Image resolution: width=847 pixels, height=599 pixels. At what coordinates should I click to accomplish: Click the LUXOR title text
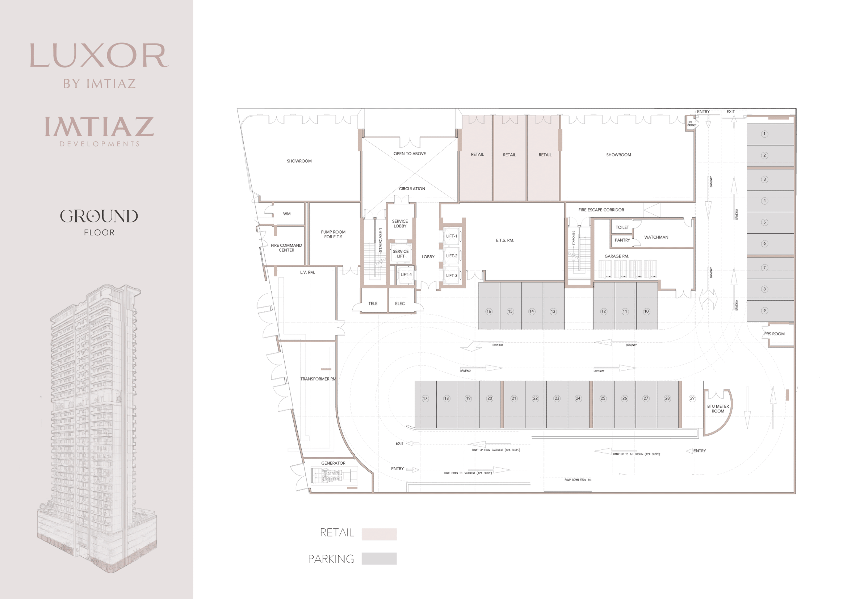99,55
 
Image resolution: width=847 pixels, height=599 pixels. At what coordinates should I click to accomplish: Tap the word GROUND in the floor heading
99,217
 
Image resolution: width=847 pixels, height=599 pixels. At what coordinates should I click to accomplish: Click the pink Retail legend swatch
379,534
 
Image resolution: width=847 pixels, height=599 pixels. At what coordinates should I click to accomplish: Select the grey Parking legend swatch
379,558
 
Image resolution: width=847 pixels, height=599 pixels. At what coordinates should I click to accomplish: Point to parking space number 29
692,398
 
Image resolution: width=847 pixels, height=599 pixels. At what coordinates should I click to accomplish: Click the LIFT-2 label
452,256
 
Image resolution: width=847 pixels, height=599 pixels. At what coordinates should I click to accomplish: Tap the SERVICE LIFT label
401,254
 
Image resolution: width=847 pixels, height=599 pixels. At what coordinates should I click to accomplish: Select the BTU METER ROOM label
718,409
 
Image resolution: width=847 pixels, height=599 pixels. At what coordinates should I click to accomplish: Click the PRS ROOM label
774,334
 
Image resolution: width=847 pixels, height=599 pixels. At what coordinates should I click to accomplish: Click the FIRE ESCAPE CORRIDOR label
601,210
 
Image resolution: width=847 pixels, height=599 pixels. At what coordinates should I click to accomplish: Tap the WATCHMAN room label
656,237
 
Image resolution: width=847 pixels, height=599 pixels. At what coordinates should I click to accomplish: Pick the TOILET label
622,227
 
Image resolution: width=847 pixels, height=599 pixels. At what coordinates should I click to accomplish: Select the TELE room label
373,303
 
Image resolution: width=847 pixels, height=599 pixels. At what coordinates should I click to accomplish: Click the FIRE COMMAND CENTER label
286,247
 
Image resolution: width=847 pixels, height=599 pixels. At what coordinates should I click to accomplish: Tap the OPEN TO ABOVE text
410,154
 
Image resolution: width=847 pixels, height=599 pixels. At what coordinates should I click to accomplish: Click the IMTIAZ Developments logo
99,131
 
